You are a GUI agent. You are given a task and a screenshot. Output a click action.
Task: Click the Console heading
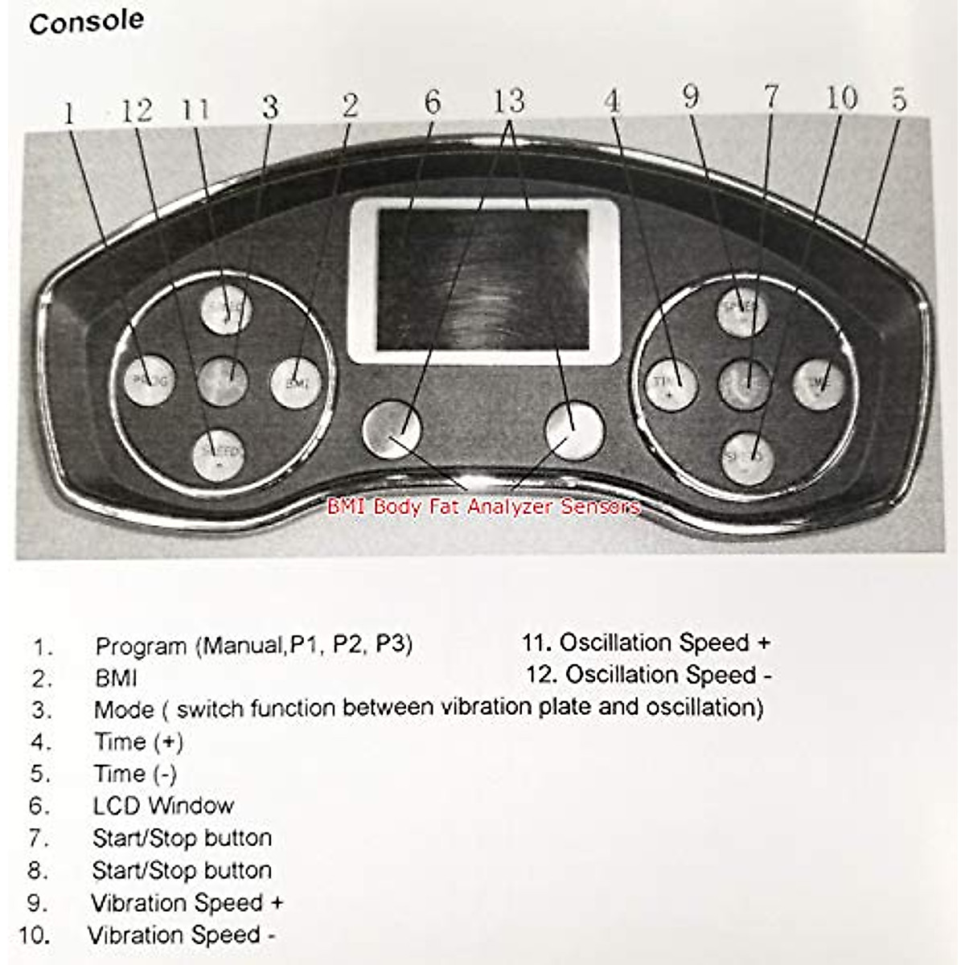86,22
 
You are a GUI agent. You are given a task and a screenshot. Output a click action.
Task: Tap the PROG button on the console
150,379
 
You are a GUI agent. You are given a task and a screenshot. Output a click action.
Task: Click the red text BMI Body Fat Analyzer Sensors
483,507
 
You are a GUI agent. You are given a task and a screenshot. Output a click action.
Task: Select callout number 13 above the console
509,102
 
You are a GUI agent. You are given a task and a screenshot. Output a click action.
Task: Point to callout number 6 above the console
433,103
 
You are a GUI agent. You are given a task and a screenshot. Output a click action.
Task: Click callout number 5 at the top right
899,100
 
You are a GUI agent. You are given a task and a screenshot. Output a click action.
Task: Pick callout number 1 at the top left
69,113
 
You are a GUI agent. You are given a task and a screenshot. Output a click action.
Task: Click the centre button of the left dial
224,379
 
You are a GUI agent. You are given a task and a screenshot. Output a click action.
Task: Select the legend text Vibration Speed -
182,935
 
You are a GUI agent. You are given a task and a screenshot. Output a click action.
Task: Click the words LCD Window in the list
163,805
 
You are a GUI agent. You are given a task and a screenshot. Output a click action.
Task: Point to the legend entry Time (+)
139,741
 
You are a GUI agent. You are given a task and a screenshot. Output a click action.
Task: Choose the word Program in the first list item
141,646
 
